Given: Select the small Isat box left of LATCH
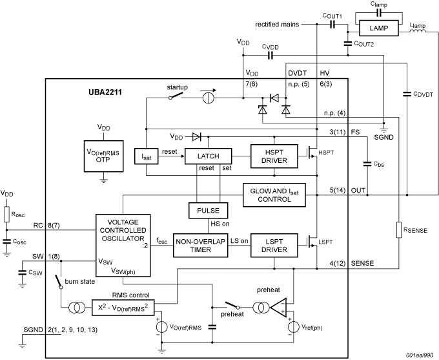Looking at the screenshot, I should pyautogui.click(x=147, y=157).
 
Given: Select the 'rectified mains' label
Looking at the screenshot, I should pyautogui.click(x=276, y=25).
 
